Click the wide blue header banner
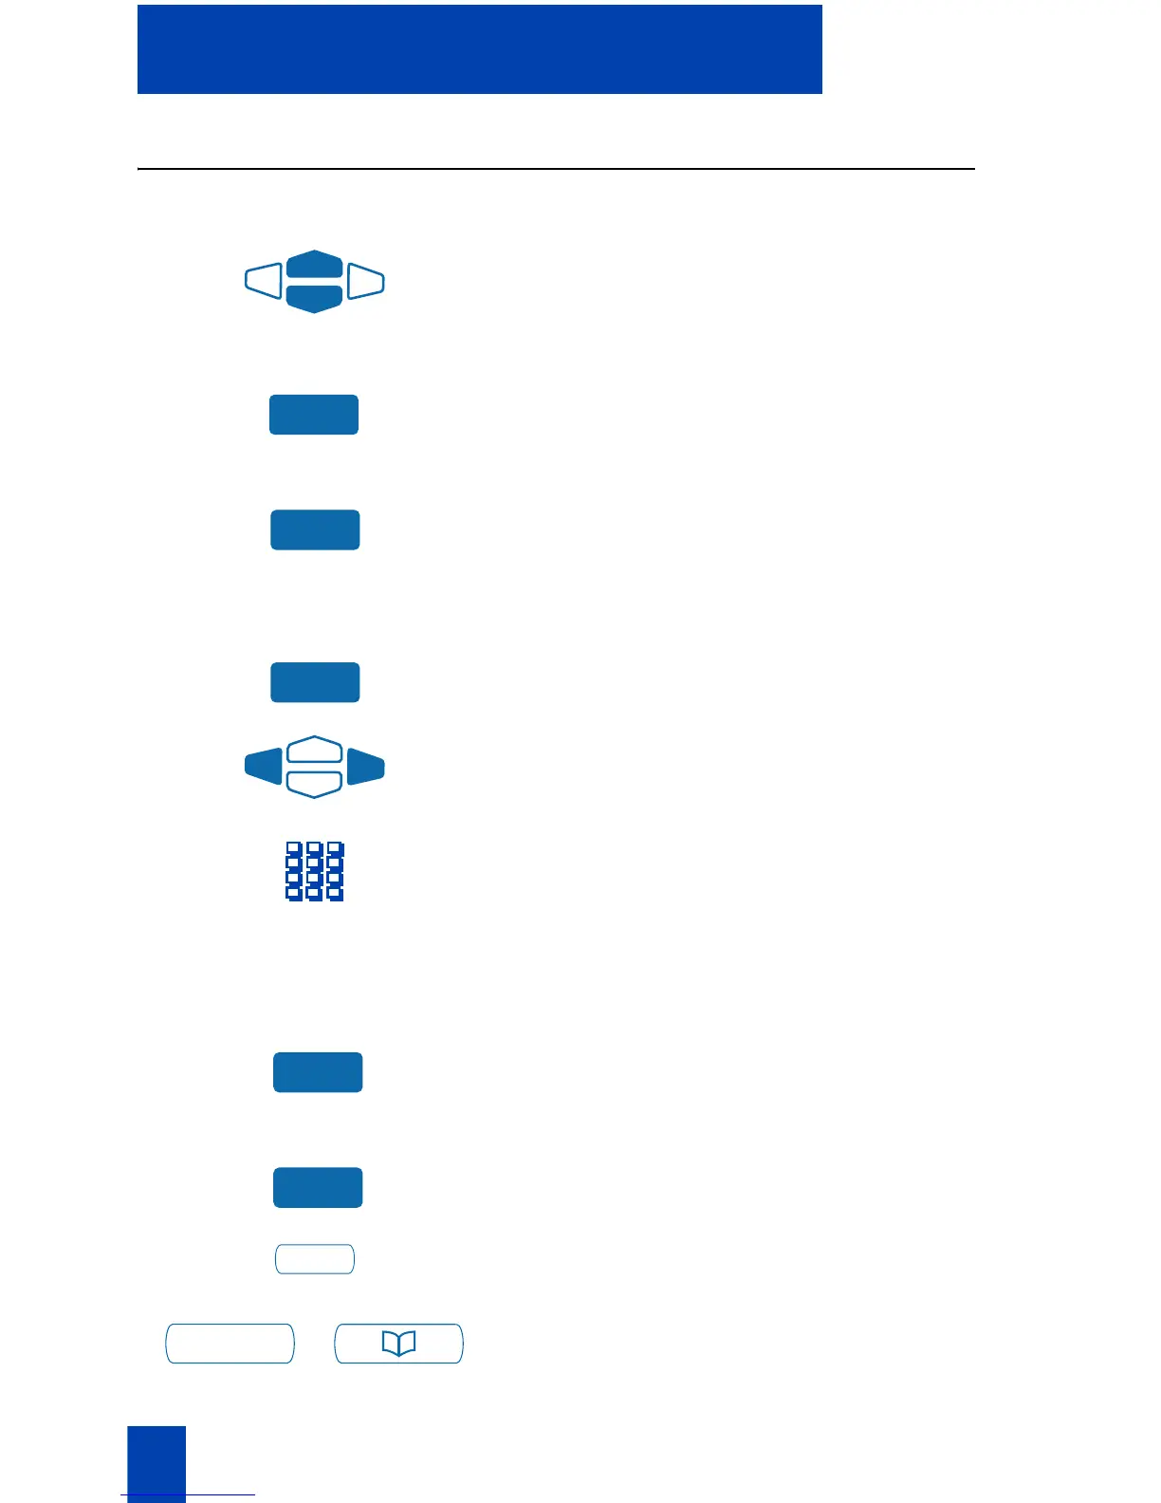[x=479, y=49]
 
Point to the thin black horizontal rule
[x=556, y=169]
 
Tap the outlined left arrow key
[x=264, y=281]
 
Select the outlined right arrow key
[x=365, y=281]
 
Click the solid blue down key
[x=314, y=298]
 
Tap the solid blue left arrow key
[x=264, y=766]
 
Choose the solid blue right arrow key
[x=365, y=766]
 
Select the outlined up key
[x=314, y=750]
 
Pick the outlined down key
[x=314, y=784]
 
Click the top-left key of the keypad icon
[x=294, y=848]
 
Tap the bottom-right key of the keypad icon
[x=335, y=893]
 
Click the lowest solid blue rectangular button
[x=318, y=1187]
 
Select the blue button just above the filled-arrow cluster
[x=315, y=682]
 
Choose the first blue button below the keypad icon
[x=318, y=1072]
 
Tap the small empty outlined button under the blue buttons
[x=315, y=1259]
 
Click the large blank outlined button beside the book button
[x=230, y=1344]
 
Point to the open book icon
[x=398, y=1344]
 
